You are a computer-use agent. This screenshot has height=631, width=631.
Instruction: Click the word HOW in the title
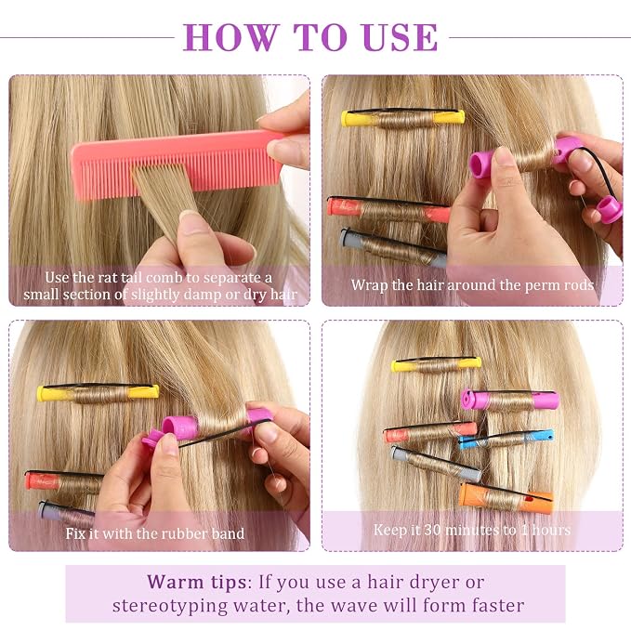(x=231, y=37)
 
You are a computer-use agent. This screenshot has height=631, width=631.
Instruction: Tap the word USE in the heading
(x=400, y=37)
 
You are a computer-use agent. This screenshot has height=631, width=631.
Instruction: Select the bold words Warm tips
(x=197, y=582)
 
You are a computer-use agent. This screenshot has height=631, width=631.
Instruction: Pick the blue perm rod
(x=506, y=439)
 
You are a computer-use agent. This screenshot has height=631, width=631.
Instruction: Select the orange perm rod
(x=506, y=498)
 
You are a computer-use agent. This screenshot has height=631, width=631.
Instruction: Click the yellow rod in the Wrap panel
(x=402, y=118)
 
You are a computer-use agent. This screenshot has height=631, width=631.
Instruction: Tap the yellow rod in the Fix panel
(x=98, y=393)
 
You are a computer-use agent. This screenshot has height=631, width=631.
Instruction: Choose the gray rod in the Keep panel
(x=436, y=464)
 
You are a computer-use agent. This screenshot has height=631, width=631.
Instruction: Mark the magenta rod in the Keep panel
(x=510, y=400)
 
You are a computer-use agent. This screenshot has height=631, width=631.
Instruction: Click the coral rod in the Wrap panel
(x=388, y=209)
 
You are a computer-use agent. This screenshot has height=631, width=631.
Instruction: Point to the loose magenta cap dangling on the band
(x=610, y=210)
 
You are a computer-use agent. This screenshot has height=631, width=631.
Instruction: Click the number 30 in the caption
(x=432, y=530)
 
